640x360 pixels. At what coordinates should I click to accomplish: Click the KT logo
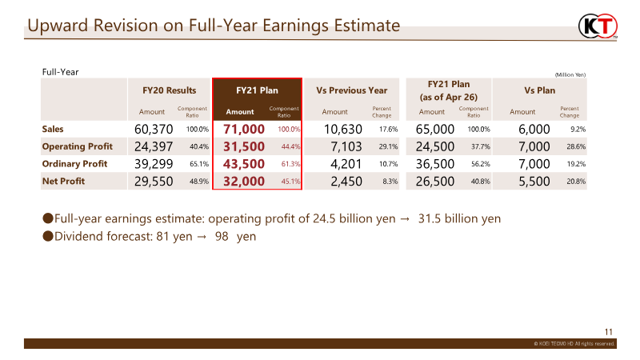598,26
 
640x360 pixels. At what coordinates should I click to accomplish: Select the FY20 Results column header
169,90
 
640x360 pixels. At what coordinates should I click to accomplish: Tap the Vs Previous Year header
351,90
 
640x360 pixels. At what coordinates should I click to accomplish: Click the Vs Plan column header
539,90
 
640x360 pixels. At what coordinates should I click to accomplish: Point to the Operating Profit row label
77,146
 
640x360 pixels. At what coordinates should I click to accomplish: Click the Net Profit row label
63,182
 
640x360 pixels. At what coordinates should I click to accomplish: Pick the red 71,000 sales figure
244,130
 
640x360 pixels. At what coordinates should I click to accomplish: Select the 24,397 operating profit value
154,146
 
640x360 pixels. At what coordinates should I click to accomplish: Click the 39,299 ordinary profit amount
154,164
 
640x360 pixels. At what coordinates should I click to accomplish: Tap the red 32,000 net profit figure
244,182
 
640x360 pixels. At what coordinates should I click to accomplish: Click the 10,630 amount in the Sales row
343,130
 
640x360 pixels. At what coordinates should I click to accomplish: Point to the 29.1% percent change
388,146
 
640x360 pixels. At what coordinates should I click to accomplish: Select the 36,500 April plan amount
434,164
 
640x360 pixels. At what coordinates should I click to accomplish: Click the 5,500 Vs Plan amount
534,182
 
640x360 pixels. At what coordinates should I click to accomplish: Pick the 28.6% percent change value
576,146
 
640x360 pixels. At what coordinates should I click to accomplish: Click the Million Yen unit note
570,74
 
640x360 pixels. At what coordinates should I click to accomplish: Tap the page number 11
609,332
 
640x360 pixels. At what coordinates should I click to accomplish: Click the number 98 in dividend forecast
222,236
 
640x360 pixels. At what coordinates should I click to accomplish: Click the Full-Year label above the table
61,72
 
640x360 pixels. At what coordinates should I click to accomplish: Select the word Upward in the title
58,26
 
